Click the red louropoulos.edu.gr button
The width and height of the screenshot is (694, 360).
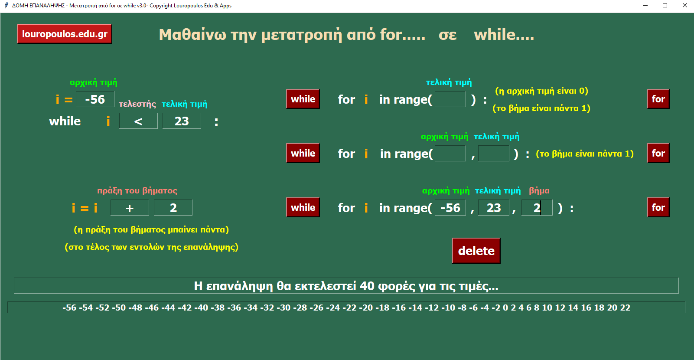tap(65, 34)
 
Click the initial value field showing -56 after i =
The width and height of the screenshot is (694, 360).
tap(95, 99)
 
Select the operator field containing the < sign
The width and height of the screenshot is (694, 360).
tap(138, 121)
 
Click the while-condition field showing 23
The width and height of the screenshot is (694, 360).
tap(182, 121)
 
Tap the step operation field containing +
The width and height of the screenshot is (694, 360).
tap(130, 208)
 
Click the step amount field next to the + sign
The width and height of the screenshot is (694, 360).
tap(173, 208)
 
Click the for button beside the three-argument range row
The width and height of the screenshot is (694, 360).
tap(658, 207)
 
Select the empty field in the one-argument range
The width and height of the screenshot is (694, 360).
tap(450, 99)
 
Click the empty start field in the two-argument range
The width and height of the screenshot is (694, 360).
tap(450, 154)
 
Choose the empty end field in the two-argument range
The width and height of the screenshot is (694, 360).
tap(494, 154)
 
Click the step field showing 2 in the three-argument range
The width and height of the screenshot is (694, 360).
tap(537, 208)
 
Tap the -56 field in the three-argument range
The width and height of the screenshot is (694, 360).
tap(450, 208)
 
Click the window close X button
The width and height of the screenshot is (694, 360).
tap(685, 5)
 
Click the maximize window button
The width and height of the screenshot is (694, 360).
tap(665, 5)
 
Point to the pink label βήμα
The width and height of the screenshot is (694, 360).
tap(539, 191)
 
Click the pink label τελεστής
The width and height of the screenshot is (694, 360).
tap(137, 104)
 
